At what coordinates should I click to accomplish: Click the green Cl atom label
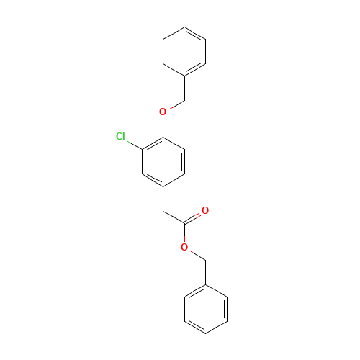click(120, 136)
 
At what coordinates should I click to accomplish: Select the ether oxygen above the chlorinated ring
click(163, 112)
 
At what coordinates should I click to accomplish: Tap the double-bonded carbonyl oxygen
click(205, 210)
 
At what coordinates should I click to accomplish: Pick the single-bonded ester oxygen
click(184, 247)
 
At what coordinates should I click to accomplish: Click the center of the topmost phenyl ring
click(184, 52)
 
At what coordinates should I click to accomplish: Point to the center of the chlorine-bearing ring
click(163, 161)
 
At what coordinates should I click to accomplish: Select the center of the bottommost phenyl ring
click(206, 309)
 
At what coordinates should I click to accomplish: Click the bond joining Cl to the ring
click(135, 145)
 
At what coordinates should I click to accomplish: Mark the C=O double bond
click(193, 218)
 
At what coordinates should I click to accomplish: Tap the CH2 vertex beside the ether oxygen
click(184, 100)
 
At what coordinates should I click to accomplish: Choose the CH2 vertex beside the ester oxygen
click(206, 260)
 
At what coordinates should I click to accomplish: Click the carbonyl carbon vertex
click(184, 223)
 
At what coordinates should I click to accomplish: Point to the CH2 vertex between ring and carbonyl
click(163, 211)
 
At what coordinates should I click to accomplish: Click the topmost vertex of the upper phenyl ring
click(184, 27)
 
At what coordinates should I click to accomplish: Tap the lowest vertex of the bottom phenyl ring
click(206, 334)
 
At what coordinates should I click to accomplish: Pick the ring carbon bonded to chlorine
click(142, 149)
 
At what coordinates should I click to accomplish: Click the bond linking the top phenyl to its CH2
click(184, 89)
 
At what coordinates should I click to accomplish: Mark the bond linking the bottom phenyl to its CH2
click(206, 272)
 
